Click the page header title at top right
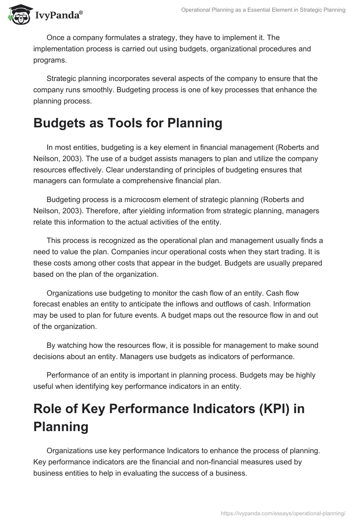tap(263, 10)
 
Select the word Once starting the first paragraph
tap(55, 37)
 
